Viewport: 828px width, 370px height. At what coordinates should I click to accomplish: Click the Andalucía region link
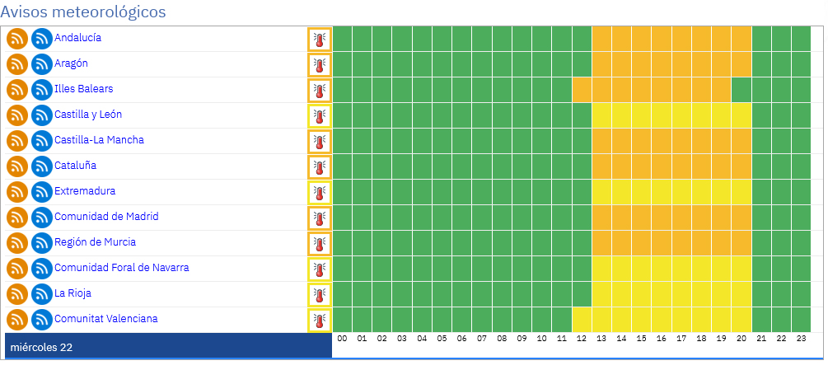[77, 38]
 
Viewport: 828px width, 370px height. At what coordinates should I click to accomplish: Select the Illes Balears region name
[83, 89]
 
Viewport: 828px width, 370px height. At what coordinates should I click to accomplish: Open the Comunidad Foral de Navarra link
[121, 268]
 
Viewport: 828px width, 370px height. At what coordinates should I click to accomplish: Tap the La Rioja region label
[69, 293]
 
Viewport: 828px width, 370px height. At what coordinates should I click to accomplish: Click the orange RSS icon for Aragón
[17, 64]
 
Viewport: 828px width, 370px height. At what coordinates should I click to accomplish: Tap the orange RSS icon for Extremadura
[17, 192]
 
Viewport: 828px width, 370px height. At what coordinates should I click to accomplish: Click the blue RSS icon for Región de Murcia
[42, 243]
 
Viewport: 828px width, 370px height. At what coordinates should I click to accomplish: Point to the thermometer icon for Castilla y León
[320, 115]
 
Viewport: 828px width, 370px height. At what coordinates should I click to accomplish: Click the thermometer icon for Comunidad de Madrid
[320, 218]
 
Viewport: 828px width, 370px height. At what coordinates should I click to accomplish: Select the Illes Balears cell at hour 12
[582, 90]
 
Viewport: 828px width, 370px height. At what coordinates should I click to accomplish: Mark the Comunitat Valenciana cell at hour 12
[582, 320]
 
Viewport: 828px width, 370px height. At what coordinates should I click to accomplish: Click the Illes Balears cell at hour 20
[741, 90]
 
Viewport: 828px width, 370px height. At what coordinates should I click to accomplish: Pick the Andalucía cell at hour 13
[602, 39]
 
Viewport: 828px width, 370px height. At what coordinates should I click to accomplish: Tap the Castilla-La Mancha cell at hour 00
[342, 141]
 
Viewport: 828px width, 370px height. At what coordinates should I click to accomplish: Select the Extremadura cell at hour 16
[662, 192]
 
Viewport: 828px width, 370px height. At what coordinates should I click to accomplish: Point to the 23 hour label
[801, 339]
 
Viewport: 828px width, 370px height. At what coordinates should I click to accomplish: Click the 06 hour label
[462, 339]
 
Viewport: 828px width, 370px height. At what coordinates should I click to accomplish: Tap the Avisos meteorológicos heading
[83, 12]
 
